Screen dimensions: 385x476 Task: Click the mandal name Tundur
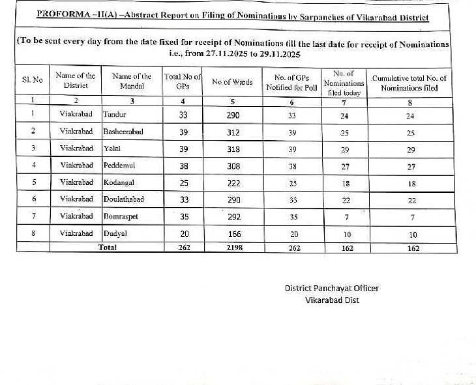tap(115, 115)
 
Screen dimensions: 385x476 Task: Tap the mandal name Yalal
tap(112, 149)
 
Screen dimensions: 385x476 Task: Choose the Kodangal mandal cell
tap(118, 182)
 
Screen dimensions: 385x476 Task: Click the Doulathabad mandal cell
tap(124, 199)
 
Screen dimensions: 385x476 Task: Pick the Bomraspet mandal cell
tap(121, 216)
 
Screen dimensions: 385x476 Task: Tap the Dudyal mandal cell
tap(115, 233)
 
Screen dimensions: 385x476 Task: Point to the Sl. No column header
tap(32, 80)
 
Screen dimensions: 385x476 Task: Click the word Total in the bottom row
tap(108, 248)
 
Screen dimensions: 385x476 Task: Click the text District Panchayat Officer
tap(331, 289)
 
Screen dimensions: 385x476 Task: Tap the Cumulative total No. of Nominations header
tap(409, 83)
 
